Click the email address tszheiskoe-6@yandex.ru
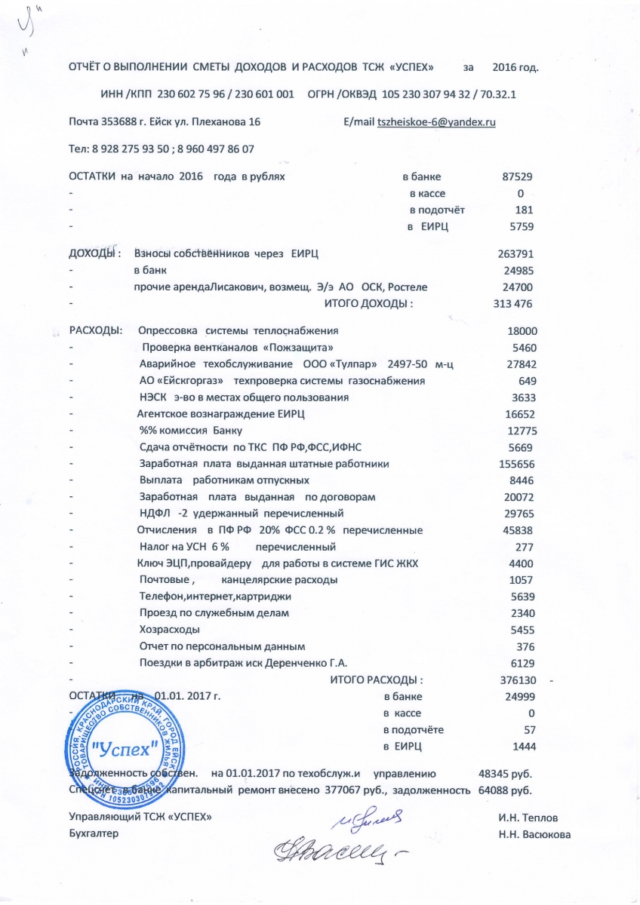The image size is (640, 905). [x=436, y=122]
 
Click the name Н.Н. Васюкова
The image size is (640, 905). [x=534, y=833]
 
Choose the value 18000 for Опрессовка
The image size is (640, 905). [x=522, y=330]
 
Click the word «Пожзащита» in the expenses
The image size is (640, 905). [x=297, y=348]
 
